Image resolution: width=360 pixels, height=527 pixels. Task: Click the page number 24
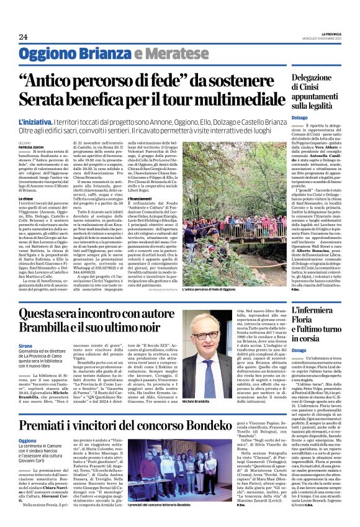tap(23, 36)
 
